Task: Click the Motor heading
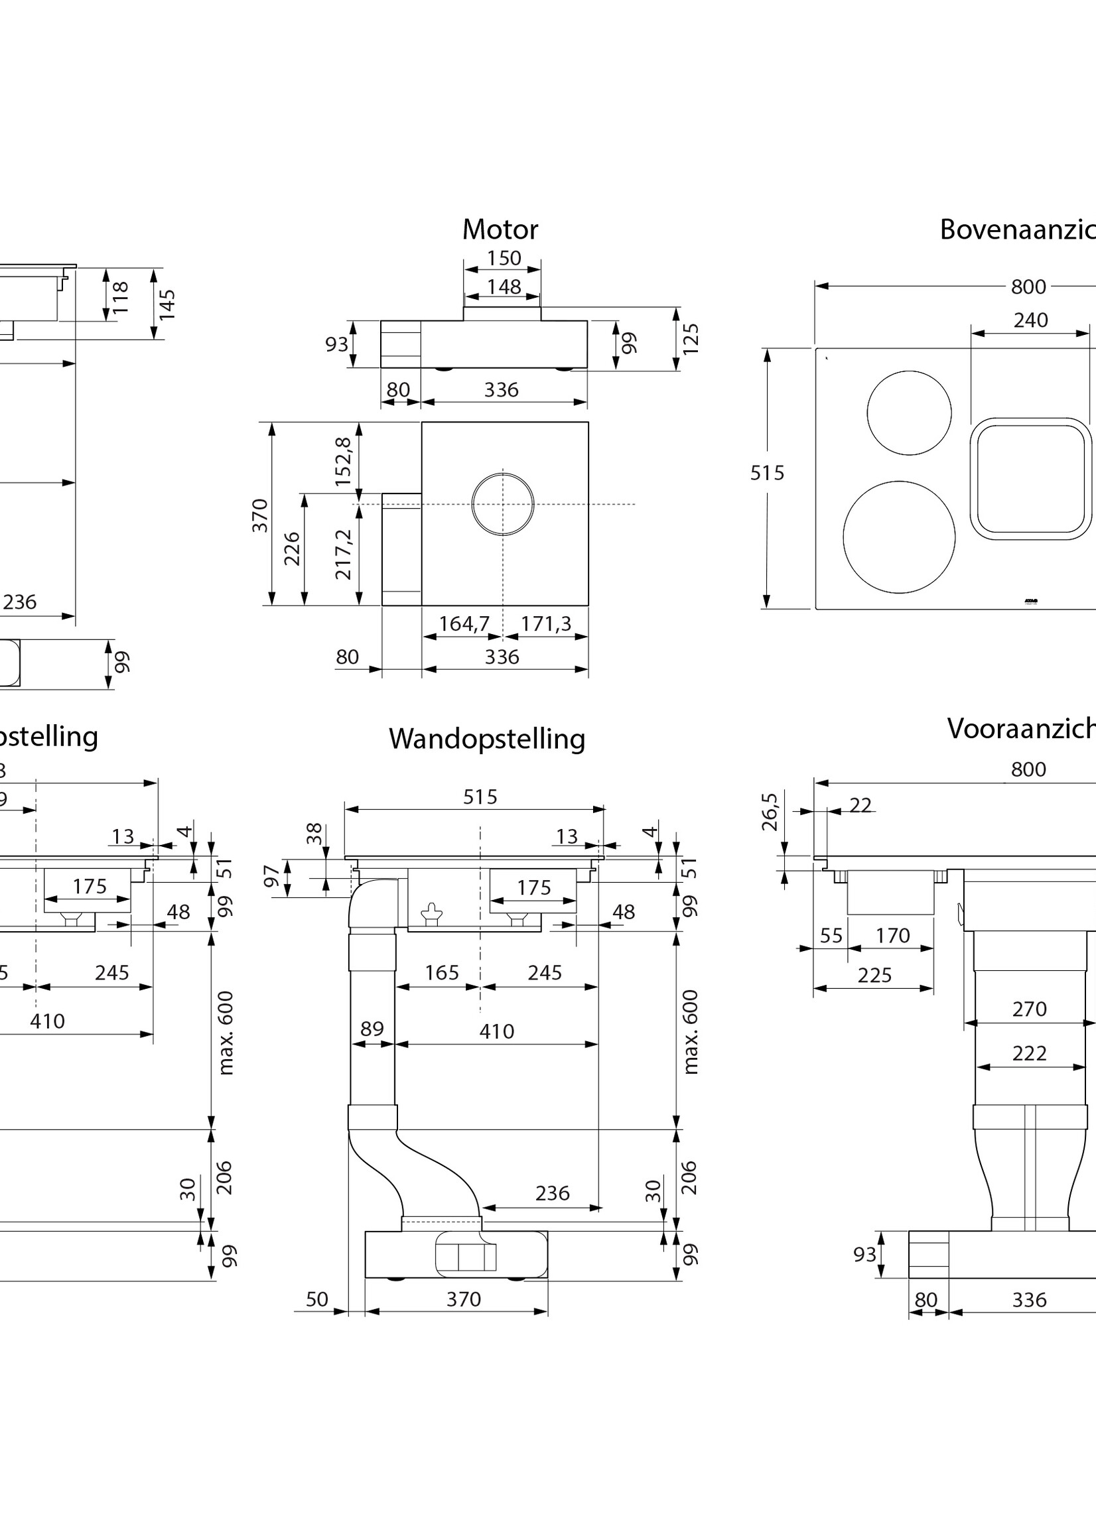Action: click(x=500, y=230)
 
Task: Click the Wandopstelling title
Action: click(x=486, y=739)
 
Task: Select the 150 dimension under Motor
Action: click(x=504, y=259)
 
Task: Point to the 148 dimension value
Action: click(x=504, y=287)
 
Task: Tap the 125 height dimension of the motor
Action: click(x=691, y=339)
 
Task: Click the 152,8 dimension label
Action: click(x=344, y=462)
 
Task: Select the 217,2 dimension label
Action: click(x=344, y=554)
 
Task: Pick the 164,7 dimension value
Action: click(x=464, y=623)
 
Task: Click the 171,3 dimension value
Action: click(x=545, y=623)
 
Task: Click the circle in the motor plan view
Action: click(x=503, y=504)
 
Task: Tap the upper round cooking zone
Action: click(x=909, y=413)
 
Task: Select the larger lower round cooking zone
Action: click(x=899, y=537)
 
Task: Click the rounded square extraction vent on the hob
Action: click(x=1030, y=479)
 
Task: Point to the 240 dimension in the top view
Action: click(x=1030, y=320)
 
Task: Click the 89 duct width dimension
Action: click(x=372, y=1029)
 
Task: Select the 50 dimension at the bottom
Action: click(x=316, y=1299)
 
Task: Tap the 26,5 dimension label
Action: click(x=770, y=812)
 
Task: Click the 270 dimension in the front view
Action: click(x=1029, y=1009)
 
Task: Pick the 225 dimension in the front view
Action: click(x=874, y=975)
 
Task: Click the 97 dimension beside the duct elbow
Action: click(x=272, y=877)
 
